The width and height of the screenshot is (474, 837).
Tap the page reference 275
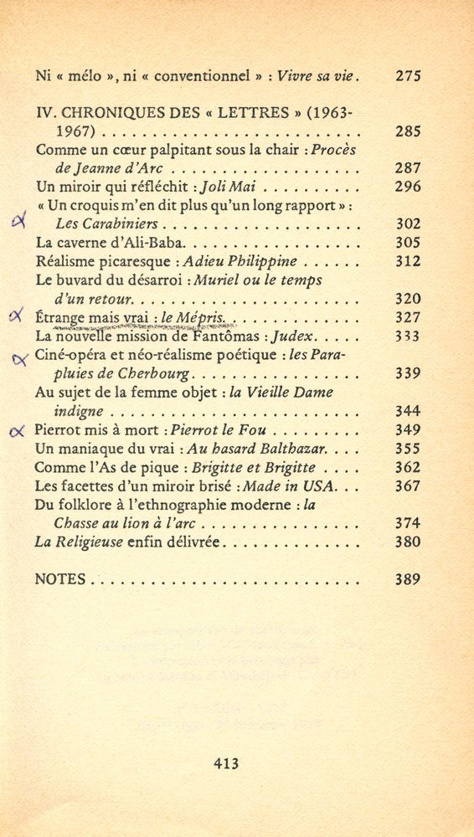(x=407, y=76)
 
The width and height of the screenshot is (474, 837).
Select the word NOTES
(x=61, y=579)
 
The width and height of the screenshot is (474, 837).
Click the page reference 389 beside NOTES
(x=407, y=579)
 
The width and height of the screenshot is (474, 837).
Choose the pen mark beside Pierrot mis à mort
(x=17, y=432)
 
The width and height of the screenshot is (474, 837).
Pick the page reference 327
(x=407, y=317)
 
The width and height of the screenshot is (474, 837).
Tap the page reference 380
(x=407, y=542)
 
